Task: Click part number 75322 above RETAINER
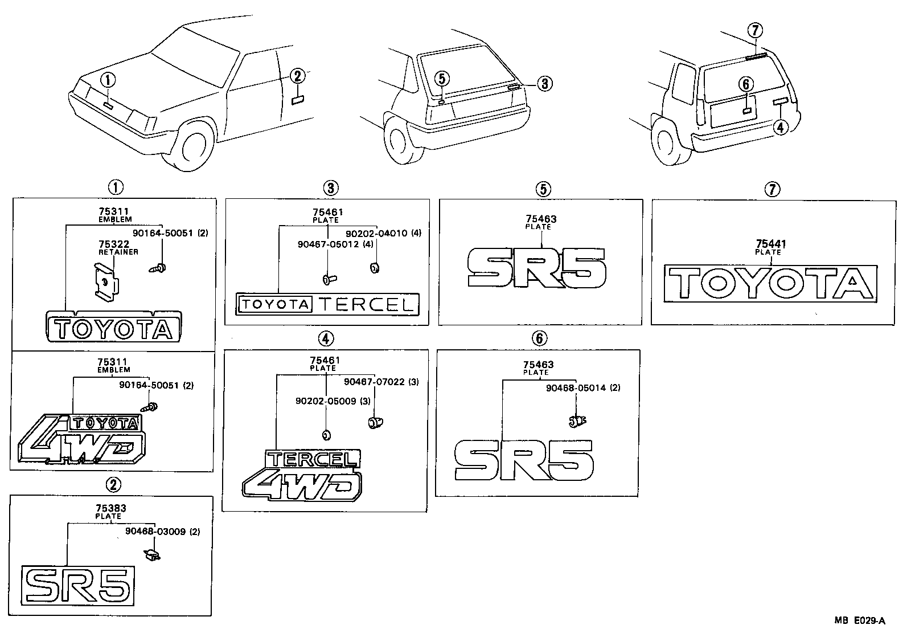(113, 244)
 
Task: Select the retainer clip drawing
(106, 280)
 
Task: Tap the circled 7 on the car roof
(755, 30)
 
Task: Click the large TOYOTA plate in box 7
(771, 283)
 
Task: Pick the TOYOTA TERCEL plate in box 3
(327, 304)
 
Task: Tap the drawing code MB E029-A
(860, 620)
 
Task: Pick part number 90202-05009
(326, 401)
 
